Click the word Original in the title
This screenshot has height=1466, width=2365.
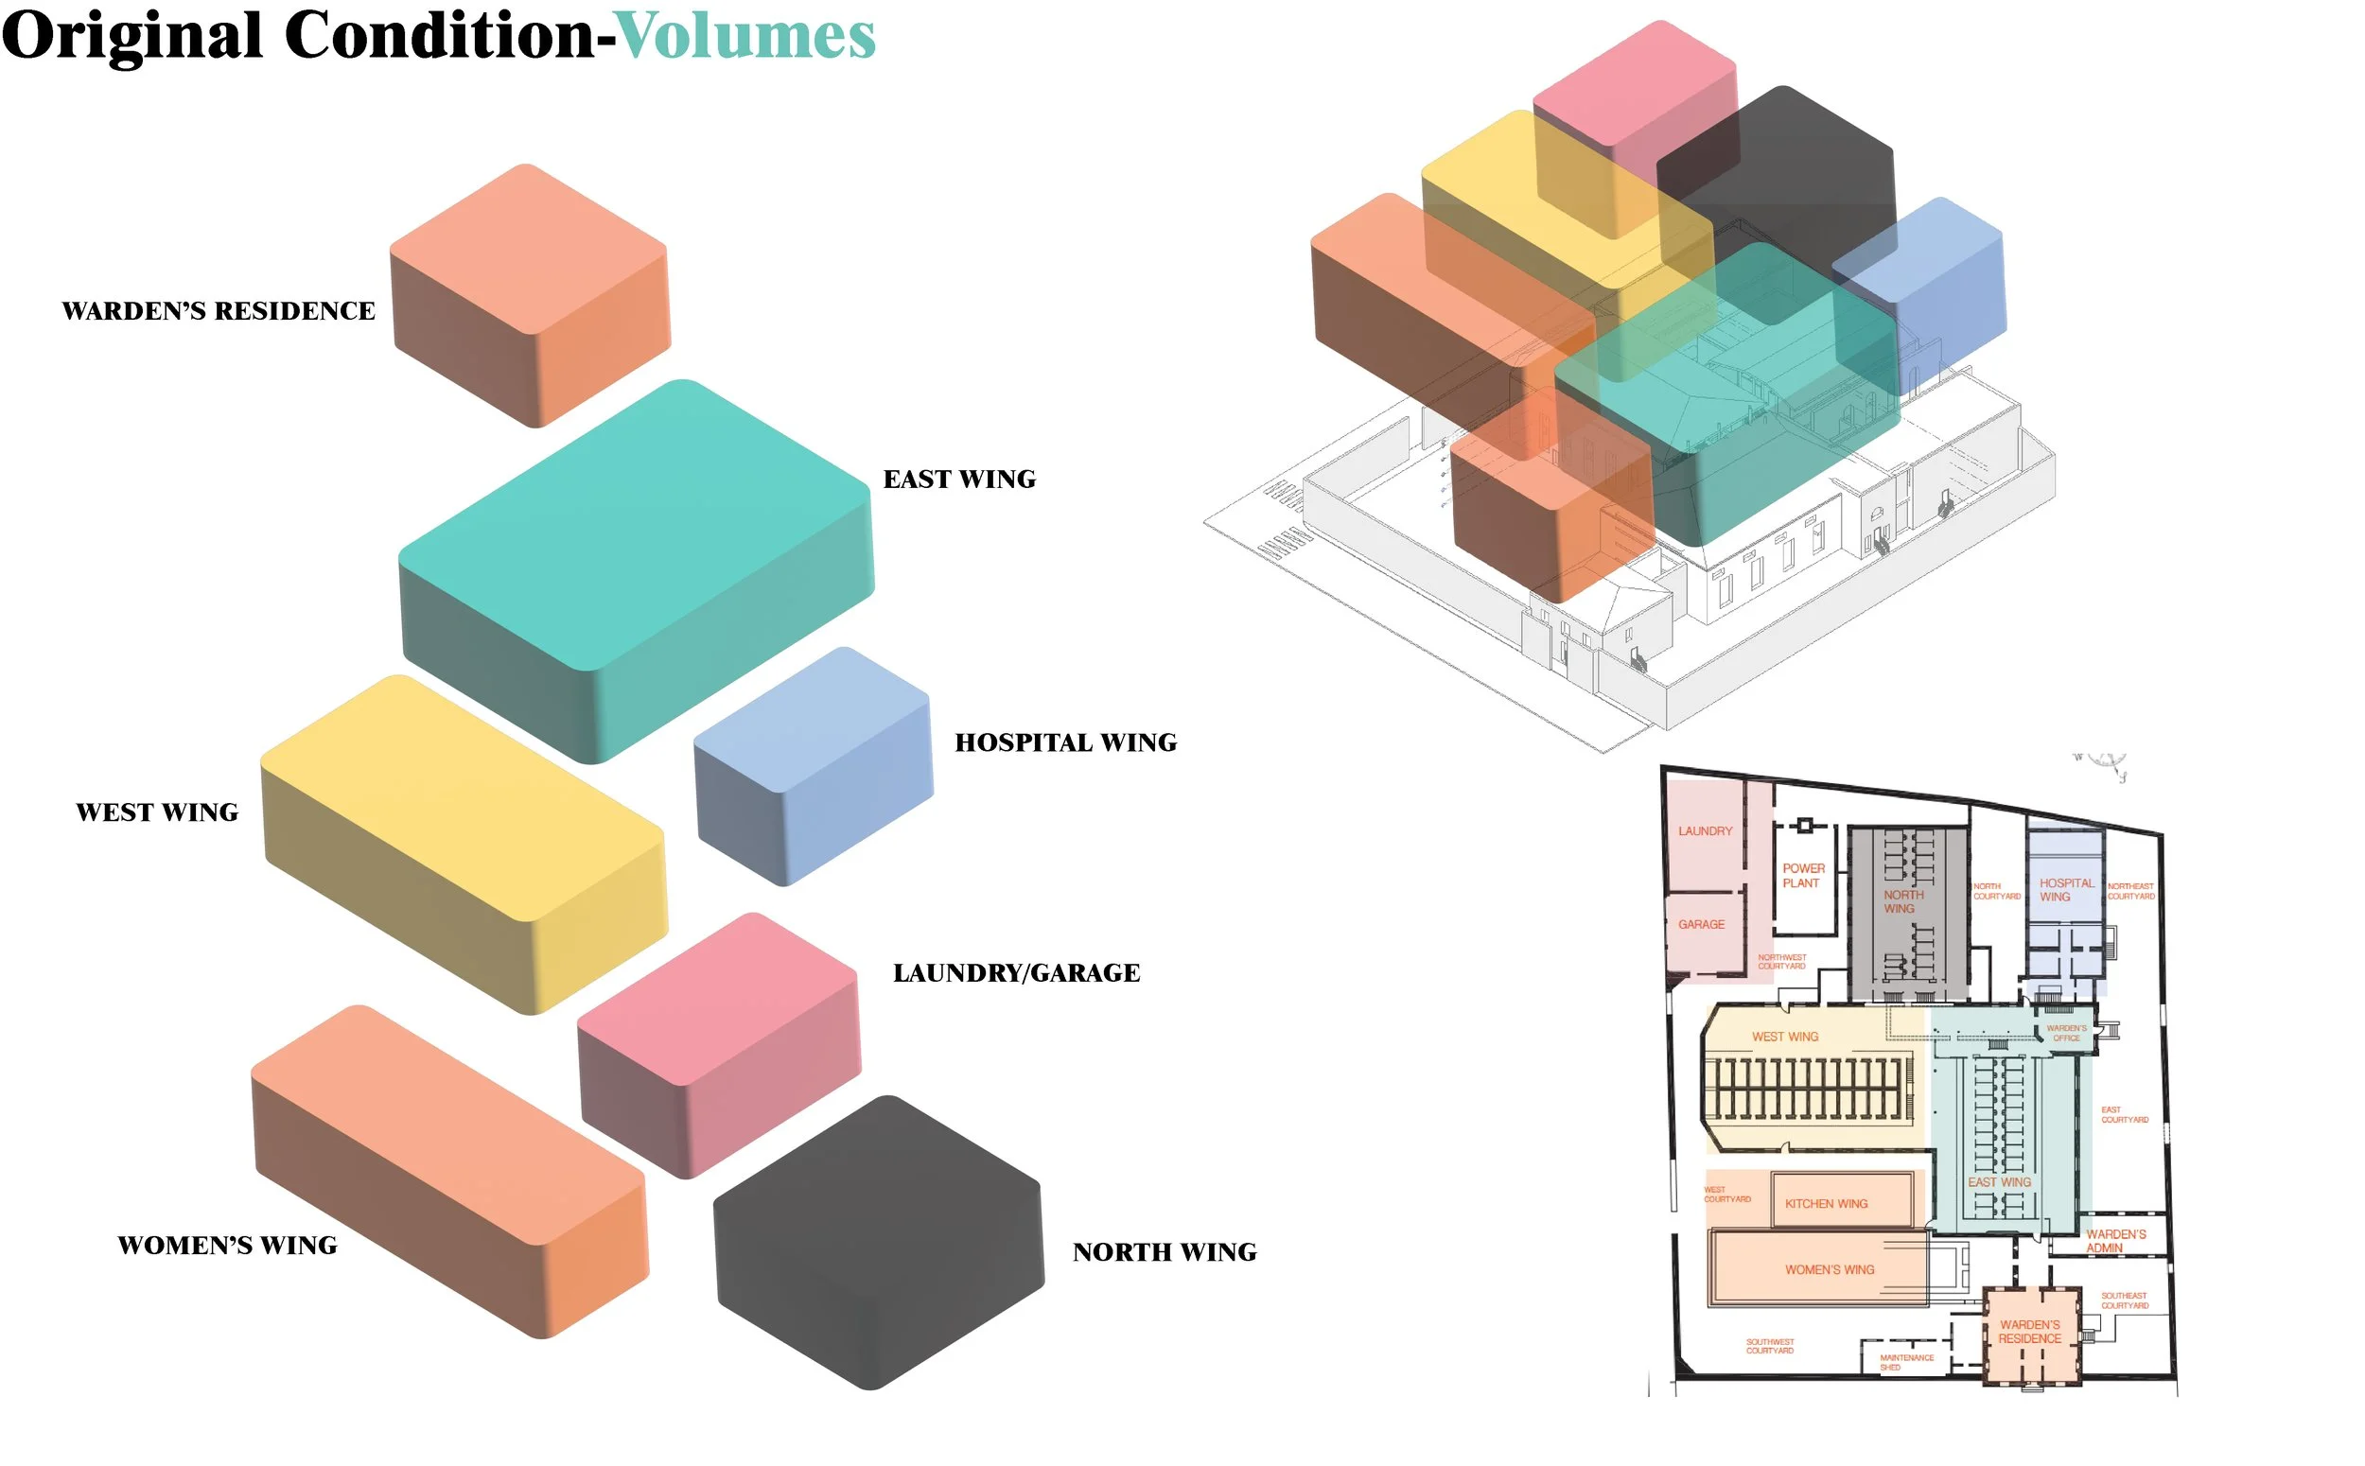tap(131, 37)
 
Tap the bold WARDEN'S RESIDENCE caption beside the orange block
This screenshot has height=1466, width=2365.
tap(219, 311)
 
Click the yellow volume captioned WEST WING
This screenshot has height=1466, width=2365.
tap(464, 844)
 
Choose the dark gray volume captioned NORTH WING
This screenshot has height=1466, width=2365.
tap(878, 1241)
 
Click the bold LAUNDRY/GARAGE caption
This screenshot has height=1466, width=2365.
tap(1015, 972)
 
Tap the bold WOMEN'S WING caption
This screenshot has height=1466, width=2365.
tap(227, 1245)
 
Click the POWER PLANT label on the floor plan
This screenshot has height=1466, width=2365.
tap(1802, 876)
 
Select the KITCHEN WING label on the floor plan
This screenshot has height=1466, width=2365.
tap(1825, 1203)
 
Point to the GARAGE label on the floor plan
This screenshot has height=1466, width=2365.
tap(1701, 924)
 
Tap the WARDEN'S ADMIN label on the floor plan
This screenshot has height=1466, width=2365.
tap(2115, 1241)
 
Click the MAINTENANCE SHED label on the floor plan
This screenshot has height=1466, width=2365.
tap(1905, 1362)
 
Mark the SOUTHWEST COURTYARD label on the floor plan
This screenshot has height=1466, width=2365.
tap(1770, 1346)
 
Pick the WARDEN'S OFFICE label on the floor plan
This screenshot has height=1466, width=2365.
tap(2065, 1033)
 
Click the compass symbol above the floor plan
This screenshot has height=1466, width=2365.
tap(2104, 762)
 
